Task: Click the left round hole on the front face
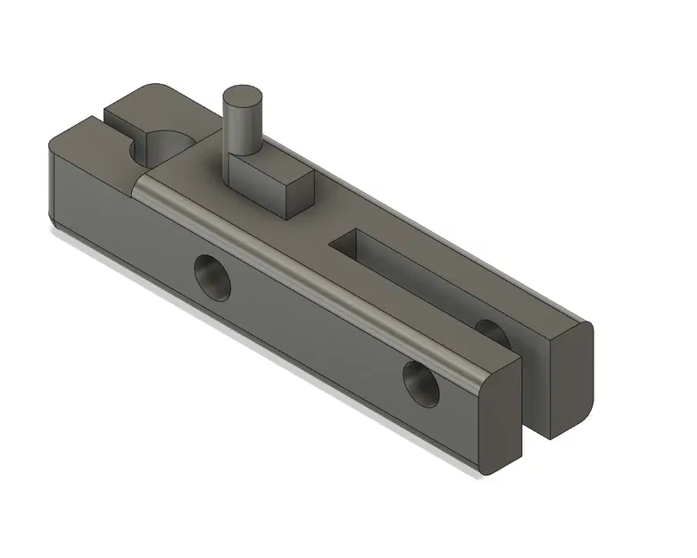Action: click(212, 278)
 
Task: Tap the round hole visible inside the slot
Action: click(493, 330)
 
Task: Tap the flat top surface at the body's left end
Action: click(89, 143)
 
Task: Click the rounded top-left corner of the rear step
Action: click(143, 88)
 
